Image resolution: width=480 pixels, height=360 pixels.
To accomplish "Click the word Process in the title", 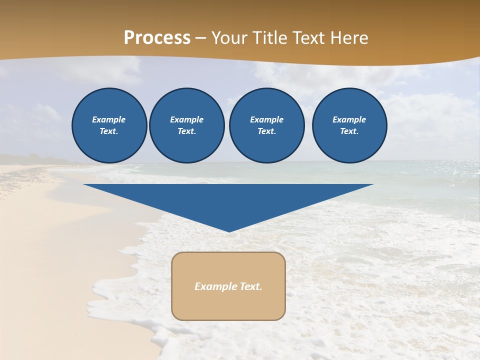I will [x=157, y=38].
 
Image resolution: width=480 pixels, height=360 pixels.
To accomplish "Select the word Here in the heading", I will [x=348, y=38].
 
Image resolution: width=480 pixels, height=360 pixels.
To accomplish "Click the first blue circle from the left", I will [x=109, y=125].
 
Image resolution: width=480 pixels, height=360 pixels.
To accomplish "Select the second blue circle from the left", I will [x=187, y=125].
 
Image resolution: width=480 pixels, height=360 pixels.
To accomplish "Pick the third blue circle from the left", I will [x=267, y=125].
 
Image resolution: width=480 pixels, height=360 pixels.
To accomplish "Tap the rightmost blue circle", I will [x=349, y=125].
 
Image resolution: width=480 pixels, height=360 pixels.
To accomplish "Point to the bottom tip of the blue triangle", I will [x=229, y=231].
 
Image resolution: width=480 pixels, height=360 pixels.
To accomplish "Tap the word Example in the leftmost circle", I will [x=109, y=119].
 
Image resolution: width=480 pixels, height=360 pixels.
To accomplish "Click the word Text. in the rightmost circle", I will [x=349, y=131].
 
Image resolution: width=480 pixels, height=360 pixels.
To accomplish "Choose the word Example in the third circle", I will [x=266, y=119].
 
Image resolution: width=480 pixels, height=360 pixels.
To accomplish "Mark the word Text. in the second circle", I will [x=186, y=131].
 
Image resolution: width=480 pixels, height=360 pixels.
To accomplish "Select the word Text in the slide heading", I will [x=308, y=38].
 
